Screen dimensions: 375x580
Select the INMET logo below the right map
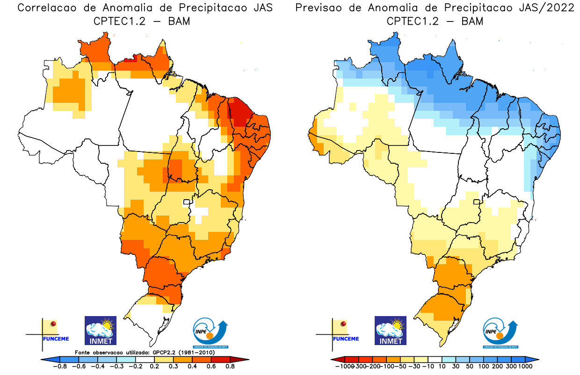391,330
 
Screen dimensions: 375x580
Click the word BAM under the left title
180,22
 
